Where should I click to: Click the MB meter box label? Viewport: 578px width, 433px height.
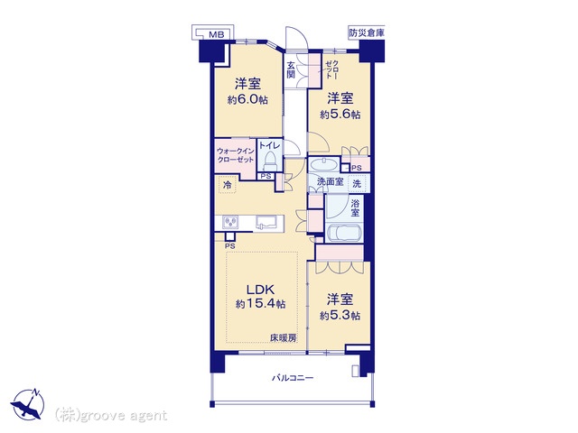217,34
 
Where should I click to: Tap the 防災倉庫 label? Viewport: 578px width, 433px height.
367,33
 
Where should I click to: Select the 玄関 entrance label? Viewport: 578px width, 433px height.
291,70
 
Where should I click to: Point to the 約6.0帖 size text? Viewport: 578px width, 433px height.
247,100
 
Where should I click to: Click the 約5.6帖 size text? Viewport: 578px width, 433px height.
340,115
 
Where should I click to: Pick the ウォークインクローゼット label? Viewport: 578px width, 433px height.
236,155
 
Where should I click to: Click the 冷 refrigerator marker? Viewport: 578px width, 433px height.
228,185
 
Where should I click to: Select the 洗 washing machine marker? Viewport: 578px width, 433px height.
357,183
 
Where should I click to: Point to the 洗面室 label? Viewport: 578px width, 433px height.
331,181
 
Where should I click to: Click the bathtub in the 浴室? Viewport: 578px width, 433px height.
343,233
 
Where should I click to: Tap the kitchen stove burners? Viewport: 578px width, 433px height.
230,223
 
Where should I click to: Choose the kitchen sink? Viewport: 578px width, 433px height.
269,223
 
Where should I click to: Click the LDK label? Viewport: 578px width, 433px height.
260,290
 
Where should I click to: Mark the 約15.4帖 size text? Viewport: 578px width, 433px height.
260,304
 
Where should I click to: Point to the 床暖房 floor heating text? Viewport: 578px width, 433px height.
284,337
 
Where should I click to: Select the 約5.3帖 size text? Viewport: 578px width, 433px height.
340,316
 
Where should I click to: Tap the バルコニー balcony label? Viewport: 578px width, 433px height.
293,378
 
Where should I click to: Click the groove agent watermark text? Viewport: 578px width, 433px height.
110,415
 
